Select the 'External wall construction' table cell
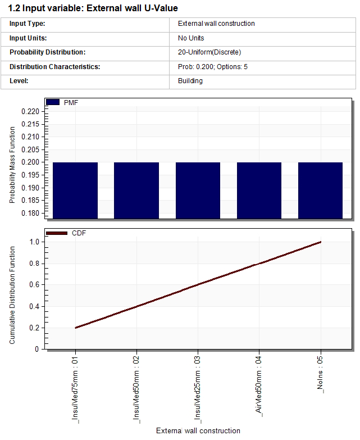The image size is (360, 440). click(216, 24)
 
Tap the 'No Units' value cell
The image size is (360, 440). click(191, 38)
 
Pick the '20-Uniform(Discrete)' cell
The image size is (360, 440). click(209, 52)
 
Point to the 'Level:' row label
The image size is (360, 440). click(19, 81)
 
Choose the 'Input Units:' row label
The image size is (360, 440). click(28, 38)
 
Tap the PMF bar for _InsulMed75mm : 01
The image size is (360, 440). click(75, 190)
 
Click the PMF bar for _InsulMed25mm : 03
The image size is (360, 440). click(198, 190)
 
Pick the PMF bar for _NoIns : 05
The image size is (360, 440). click(320, 190)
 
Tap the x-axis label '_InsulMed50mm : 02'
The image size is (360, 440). click(136, 388)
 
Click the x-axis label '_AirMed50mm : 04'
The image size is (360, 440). click(259, 384)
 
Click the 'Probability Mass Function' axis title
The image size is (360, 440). click(12, 165)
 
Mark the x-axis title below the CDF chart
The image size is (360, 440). click(198, 431)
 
